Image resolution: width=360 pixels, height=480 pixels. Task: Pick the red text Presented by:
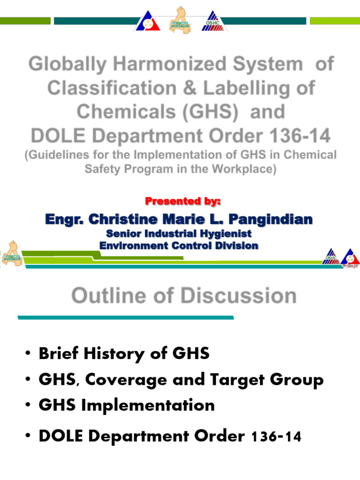pyautogui.click(x=183, y=202)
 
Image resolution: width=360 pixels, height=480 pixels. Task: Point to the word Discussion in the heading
pyautogui.click(x=239, y=296)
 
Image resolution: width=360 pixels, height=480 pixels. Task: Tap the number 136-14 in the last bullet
pyautogui.click(x=276, y=437)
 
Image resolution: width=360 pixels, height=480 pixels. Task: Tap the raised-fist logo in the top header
pyautogui.click(x=180, y=19)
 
